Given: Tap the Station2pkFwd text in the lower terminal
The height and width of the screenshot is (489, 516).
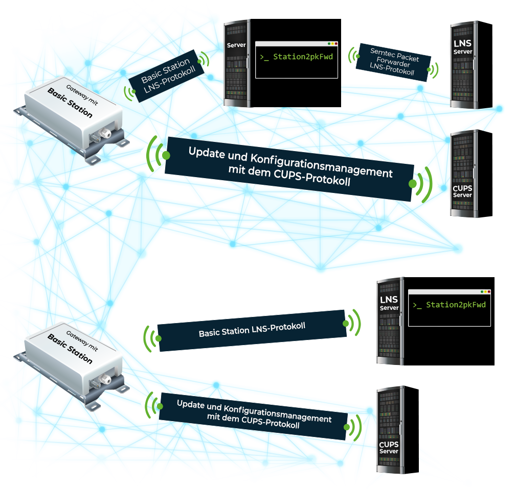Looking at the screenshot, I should tap(456, 305).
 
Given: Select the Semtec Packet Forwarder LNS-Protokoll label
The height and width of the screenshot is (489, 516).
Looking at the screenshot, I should tap(394, 62).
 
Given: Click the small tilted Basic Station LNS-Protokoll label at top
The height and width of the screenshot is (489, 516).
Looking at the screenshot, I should tap(166, 75).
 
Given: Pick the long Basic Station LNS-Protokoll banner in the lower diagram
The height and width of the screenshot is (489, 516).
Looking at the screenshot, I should tap(252, 330).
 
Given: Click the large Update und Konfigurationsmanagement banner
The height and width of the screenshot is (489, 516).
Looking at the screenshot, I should tap(289, 168).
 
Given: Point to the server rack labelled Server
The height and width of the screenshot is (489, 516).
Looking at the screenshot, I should tap(236, 63).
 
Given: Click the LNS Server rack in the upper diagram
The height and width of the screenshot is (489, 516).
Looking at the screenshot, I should tap(463, 64).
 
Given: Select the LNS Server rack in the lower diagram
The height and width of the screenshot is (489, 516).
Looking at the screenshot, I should tap(389, 321).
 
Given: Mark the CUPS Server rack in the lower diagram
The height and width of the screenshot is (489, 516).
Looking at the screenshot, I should tap(389, 429).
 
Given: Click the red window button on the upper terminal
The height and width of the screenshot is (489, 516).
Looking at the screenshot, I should tap(335, 44).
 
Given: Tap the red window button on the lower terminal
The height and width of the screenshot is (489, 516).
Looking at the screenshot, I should tap(488, 292).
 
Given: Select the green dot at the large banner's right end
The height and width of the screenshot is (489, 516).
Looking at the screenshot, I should tap(412, 183).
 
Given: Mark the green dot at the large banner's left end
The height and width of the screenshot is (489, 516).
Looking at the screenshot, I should tap(166, 154).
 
